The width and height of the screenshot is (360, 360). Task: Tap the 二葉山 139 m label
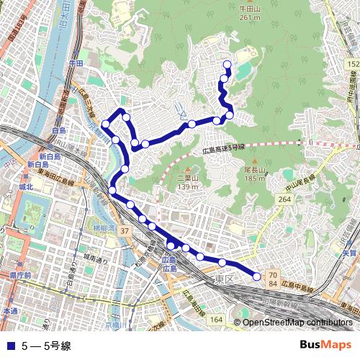click(x=187, y=183)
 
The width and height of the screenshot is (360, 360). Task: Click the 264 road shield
click(x=284, y=199)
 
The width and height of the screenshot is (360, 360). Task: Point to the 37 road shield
click(x=125, y=230)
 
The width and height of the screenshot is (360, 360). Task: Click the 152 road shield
click(x=352, y=65)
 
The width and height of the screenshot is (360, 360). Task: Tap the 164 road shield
click(x=216, y=318)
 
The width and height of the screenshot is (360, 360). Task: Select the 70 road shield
click(x=272, y=275)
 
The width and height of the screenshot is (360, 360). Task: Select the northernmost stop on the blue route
click(x=228, y=65)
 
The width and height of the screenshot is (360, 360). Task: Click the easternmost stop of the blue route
click(x=256, y=275)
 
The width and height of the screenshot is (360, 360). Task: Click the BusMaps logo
click(x=325, y=344)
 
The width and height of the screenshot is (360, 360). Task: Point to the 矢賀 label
click(x=350, y=253)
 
